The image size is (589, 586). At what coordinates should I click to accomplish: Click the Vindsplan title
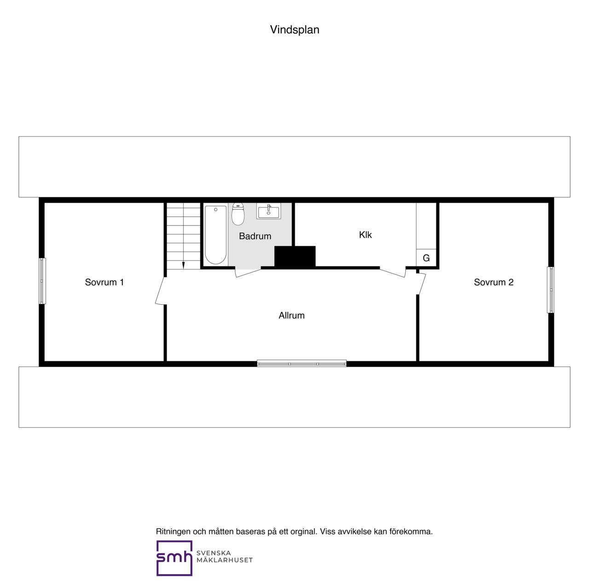click(x=294, y=29)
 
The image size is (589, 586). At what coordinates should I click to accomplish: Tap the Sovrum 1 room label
click(x=104, y=282)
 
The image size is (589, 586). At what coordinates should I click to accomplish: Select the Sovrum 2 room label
click(x=493, y=282)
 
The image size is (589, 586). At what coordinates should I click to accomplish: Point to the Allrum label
click(x=291, y=315)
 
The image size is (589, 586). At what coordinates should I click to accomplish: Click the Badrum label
click(x=255, y=236)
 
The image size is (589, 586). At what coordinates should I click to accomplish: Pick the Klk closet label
click(x=365, y=235)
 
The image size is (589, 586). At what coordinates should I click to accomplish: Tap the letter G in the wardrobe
click(x=426, y=258)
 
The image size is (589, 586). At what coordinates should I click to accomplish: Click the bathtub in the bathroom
click(x=215, y=235)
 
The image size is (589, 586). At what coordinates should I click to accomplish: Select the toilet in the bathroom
click(x=238, y=214)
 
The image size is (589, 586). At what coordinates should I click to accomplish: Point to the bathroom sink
click(x=268, y=211)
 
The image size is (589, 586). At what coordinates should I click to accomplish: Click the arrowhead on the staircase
click(x=184, y=265)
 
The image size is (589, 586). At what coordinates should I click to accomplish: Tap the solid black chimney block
click(x=294, y=256)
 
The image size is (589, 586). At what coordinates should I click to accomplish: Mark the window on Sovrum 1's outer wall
click(x=42, y=281)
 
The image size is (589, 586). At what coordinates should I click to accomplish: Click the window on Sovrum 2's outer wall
click(x=550, y=290)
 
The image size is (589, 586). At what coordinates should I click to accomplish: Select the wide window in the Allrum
click(x=301, y=363)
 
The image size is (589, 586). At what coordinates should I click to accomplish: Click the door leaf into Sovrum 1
click(x=160, y=290)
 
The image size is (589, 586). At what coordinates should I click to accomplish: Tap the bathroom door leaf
click(x=248, y=273)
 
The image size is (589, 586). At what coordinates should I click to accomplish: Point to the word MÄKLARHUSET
click(x=225, y=560)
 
